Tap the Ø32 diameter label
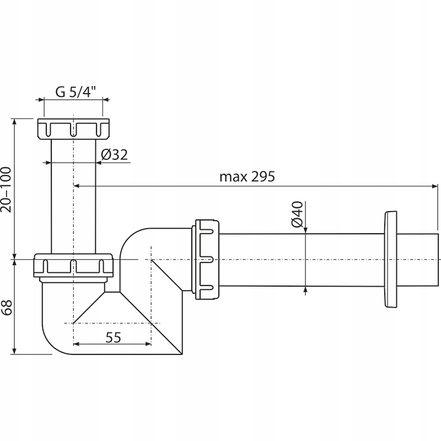pyautogui.click(x=115, y=155)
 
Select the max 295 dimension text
pyautogui.click(x=247, y=177)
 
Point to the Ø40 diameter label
pyautogui.click(x=297, y=214)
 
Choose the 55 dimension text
pyautogui.click(x=113, y=337)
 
